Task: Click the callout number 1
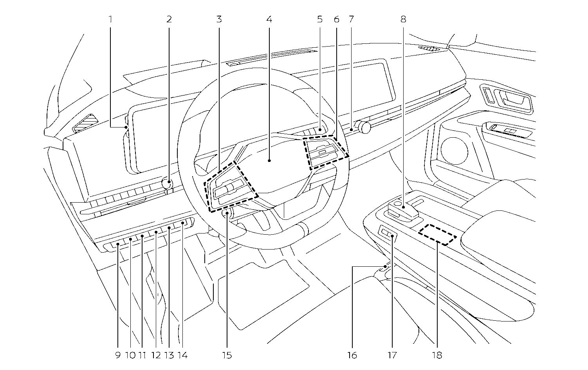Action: (x=110, y=19)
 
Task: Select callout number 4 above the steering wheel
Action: (x=269, y=19)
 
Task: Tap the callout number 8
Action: (x=403, y=19)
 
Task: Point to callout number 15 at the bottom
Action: (x=227, y=355)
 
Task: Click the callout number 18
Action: (x=437, y=355)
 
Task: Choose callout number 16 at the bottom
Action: (x=352, y=355)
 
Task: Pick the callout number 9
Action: (x=118, y=355)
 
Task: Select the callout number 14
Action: (x=182, y=355)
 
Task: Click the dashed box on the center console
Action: (x=437, y=234)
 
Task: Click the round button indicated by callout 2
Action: (x=168, y=182)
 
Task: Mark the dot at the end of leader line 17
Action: (x=392, y=236)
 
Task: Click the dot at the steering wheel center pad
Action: (x=269, y=160)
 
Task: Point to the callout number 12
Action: (x=156, y=355)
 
